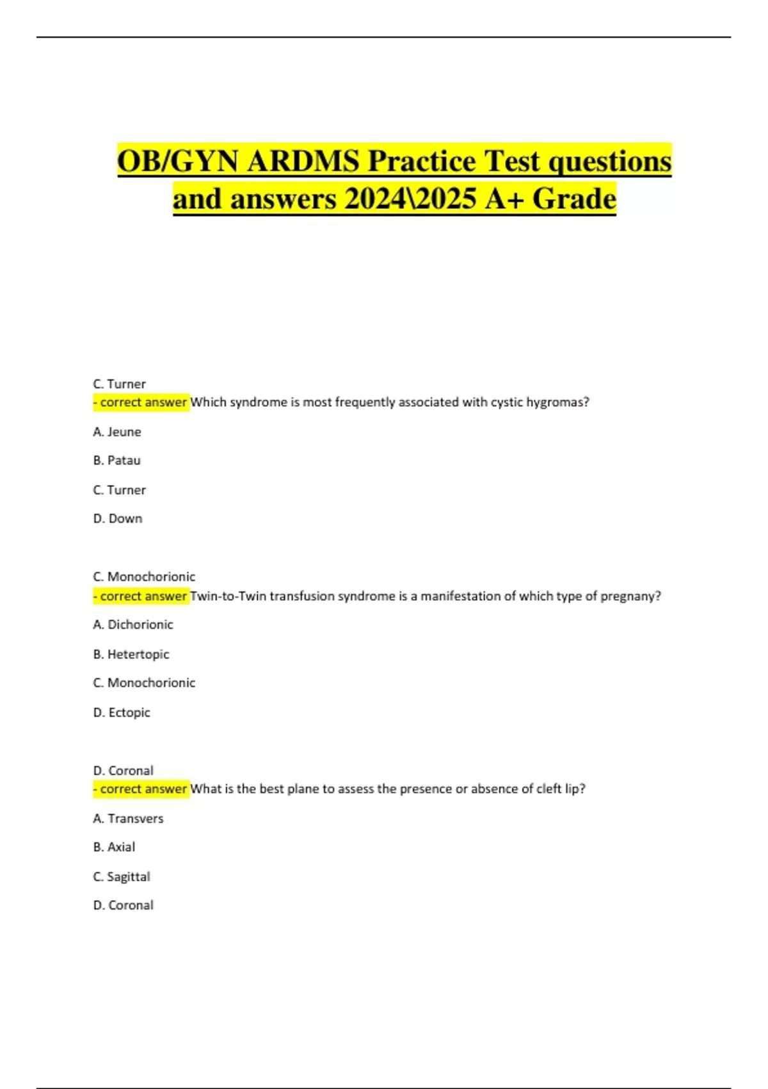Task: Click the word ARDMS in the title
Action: click(303, 161)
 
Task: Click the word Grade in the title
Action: click(574, 199)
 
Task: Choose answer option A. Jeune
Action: click(117, 432)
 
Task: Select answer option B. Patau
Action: click(116, 460)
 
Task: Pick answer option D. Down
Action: click(118, 518)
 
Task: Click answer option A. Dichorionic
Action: click(133, 624)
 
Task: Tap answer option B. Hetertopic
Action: click(131, 654)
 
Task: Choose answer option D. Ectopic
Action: click(122, 712)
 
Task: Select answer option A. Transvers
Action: click(128, 818)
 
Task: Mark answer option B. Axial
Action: click(114, 847)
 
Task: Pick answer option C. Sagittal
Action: click(122, 876)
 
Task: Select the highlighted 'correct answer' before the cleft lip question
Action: click(141, 789)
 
